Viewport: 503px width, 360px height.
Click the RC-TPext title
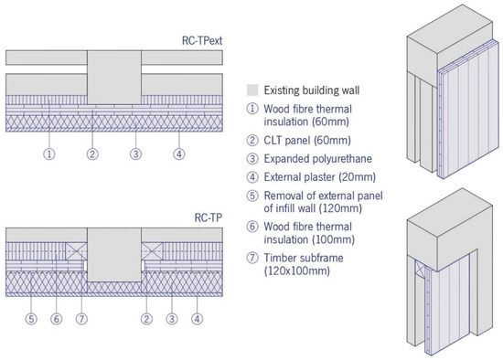(202, 41)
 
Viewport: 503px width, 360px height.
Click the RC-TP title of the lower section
(209, 217)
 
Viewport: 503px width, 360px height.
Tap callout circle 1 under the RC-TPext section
(49, 154)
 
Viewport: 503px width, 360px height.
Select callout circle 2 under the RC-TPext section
(92, 154)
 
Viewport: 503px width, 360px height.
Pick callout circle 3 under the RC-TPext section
(135, 154)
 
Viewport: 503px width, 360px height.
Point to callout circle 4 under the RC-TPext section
(179, 154)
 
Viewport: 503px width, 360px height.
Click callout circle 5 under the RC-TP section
(31, 319)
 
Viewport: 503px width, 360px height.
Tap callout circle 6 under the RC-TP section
(57, 319)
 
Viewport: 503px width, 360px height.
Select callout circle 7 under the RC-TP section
(81, 319)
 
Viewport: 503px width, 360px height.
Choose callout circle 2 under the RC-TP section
(146, 319)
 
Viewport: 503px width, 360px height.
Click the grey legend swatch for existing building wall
(252, 90)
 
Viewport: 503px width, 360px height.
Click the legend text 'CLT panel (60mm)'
(307, 141)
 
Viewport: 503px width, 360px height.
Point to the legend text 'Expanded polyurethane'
(318, 159)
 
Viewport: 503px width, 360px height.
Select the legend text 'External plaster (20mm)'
(319, 177)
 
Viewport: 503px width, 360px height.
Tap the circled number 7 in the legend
(252, 258)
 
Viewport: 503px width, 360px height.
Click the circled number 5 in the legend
(252, 196)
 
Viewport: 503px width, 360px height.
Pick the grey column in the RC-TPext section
(114, 77)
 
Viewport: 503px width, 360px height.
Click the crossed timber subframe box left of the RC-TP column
(76, 250)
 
